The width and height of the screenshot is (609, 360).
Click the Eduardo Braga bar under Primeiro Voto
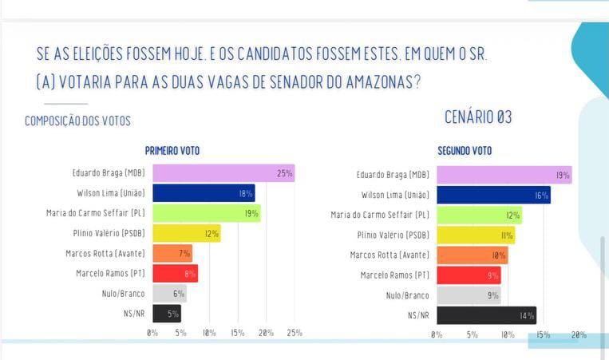(223, 173)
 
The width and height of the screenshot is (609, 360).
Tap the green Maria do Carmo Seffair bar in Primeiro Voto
(206, 213)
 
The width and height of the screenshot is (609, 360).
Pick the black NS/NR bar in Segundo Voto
(486, 315)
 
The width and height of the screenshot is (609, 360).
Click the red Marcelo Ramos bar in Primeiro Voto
(175, 274)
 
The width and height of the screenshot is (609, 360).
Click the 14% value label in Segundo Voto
(527, 315)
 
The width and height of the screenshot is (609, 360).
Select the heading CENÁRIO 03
(478, 117)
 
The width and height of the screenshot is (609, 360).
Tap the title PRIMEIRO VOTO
(172, 151)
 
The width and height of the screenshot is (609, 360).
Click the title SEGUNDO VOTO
(465, 151)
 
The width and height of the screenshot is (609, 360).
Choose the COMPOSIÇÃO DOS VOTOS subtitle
(77, 121)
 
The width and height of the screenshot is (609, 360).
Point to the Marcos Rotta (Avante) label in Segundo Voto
(390, 255)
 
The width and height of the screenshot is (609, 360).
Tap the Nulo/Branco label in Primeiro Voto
(123, 294)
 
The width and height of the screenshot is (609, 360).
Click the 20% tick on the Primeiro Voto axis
(266, 332)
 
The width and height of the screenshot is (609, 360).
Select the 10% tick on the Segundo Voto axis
(508, 334)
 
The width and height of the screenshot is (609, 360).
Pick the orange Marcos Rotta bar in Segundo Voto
(472, 255)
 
